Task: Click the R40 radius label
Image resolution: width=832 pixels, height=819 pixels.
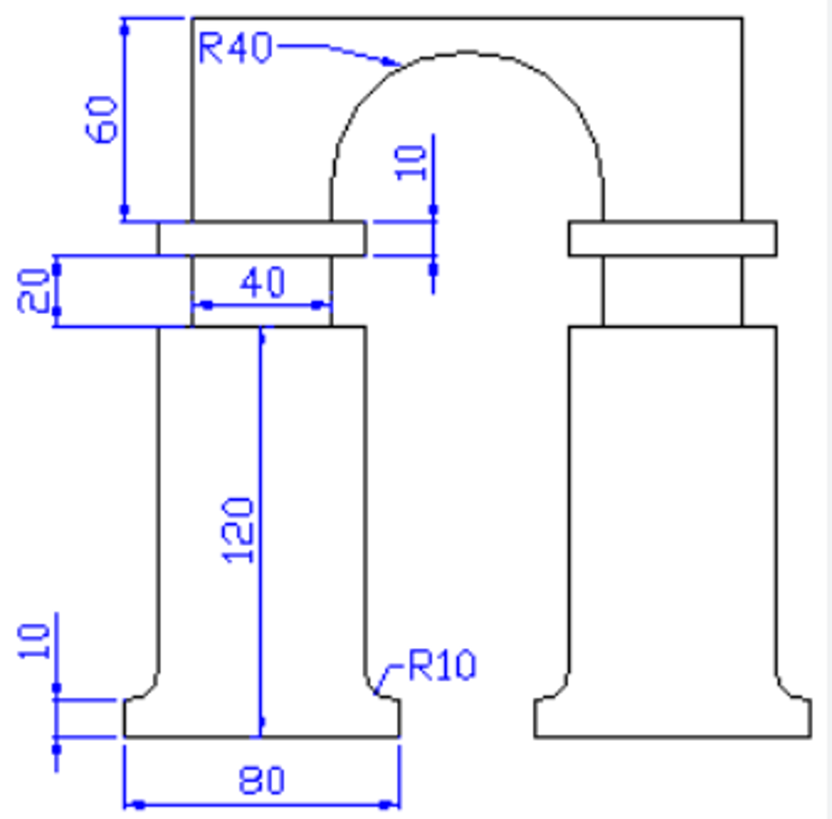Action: [235, 46]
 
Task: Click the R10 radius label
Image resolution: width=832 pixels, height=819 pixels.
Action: [441, 666]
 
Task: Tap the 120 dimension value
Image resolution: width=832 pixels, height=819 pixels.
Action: [238, 530]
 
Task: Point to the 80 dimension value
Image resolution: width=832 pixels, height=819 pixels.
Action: [262, 781]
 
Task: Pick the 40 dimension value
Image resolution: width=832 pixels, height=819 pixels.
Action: [262, 283]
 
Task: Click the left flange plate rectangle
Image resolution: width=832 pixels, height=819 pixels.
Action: [261, 238]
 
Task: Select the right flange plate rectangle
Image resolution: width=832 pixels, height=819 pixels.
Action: [673, 238]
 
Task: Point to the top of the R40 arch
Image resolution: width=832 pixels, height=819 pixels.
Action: [466, 53]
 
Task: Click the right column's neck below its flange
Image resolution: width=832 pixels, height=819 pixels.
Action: [673, 290]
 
